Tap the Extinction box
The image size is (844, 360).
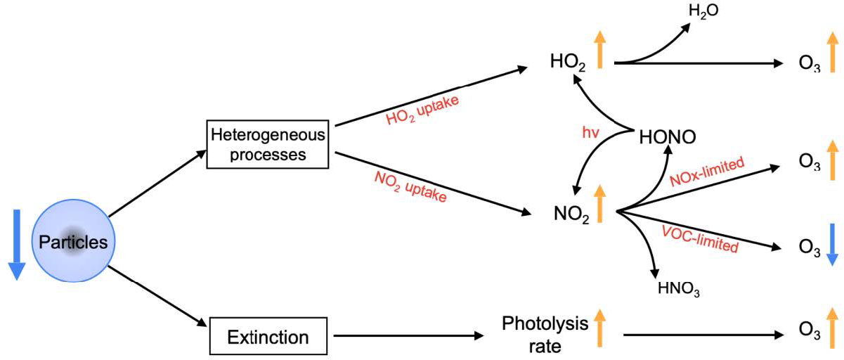269,337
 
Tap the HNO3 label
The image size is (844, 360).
677,289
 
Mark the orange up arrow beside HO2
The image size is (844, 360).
601,51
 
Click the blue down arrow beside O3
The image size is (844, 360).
831,244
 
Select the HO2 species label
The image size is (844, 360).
569,63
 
